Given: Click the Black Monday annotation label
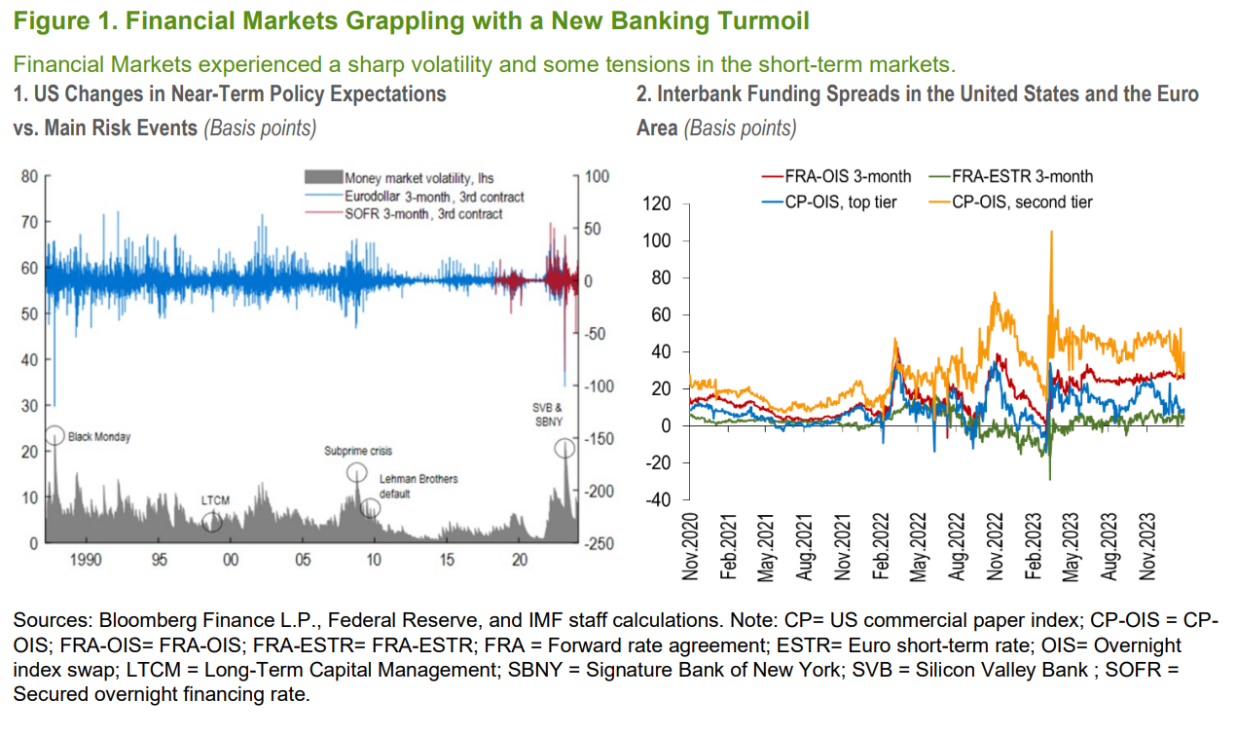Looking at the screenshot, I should [x=99, y=437].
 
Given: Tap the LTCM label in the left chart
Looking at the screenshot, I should [x=215, y=500].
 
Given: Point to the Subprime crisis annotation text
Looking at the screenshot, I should [x=358, y=452].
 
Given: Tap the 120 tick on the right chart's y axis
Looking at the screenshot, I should [x=658, y=204].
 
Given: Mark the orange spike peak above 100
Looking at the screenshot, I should [x=1051, y=232].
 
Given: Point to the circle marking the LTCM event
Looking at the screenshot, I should [x=212, y=523].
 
